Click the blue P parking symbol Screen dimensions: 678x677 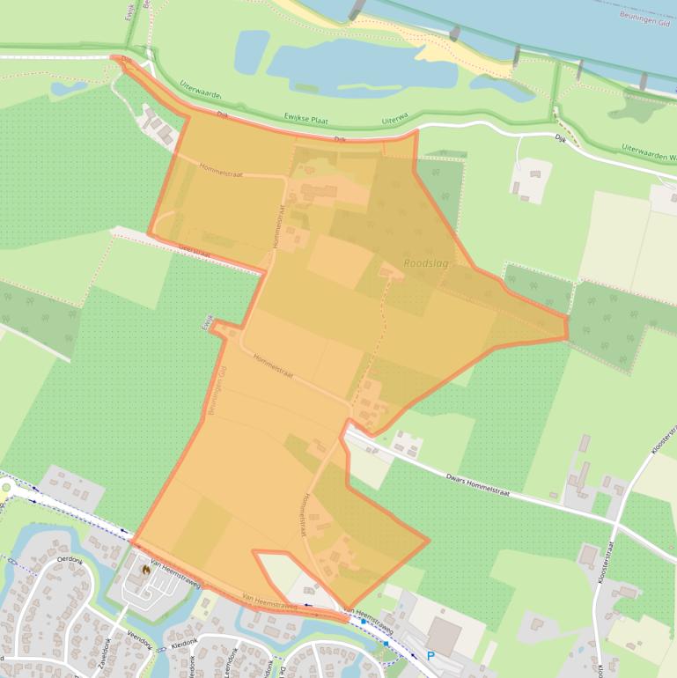pyautogui.click(x=430, y=656)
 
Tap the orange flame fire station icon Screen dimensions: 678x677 pyautogui.click(x=146, y=570)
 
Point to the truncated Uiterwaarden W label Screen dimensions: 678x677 pyautogui.click(x=649, y=151)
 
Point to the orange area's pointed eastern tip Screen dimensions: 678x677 pyautogui.click(x=566, y=327)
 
